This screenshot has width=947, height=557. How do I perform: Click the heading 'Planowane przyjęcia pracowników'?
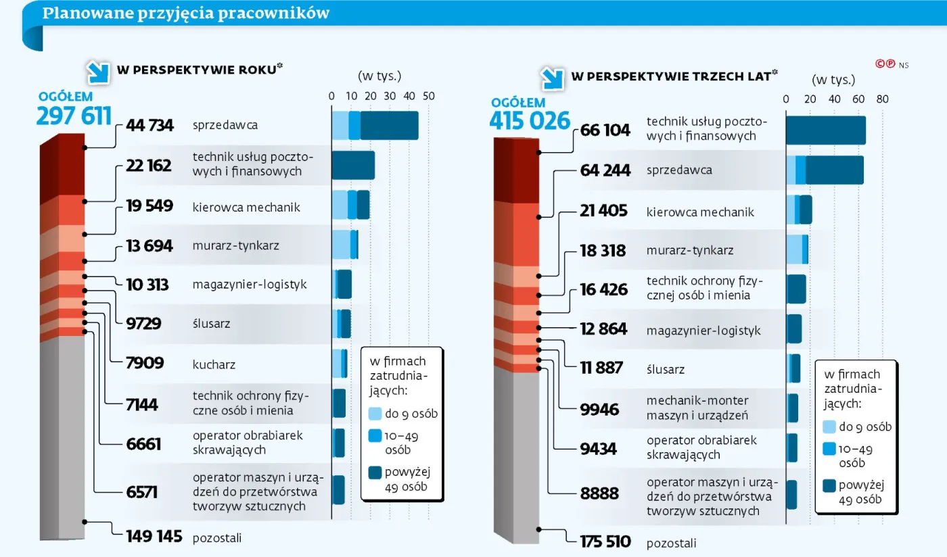(186, 14)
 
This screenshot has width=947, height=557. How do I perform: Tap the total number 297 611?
(74, 116)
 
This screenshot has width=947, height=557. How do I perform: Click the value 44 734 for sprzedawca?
(149, 125)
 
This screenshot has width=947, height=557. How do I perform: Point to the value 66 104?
(605, 130)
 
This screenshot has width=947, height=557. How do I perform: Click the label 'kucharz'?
(214, 364)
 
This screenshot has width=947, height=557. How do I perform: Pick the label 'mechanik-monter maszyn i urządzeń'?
(697, 408)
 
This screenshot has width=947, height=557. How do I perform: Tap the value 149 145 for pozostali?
(154, 537)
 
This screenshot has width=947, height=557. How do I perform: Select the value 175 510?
(605, 541)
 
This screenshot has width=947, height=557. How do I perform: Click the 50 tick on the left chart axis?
(428, 96)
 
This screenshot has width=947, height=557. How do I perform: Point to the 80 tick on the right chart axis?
(882, 99)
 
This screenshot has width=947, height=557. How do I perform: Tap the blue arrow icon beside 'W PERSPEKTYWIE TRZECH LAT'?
(552, 78)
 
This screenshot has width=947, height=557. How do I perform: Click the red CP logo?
(885, 64)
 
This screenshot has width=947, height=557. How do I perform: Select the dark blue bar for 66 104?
(825, 130)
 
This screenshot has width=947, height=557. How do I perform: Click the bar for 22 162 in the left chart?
(352, 166)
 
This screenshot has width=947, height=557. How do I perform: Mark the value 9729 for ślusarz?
(143, 324)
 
